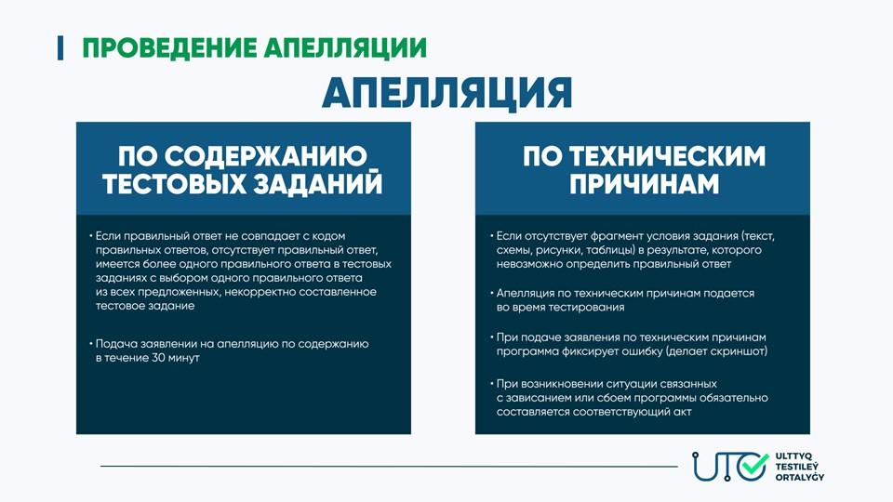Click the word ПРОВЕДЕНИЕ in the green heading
(x=169, y=47)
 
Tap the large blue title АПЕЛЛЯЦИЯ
(x=446, y=93)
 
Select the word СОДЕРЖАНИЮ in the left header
(x=267, y=156)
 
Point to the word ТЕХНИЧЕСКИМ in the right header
(x=668, y=156)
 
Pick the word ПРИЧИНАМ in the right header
(x=644, y=184)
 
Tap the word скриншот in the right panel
(x=738, y=351)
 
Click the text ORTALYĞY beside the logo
(x=800, y=476)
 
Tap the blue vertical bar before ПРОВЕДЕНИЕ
(x=60, y=47)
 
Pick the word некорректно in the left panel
(x=260, y=292)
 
